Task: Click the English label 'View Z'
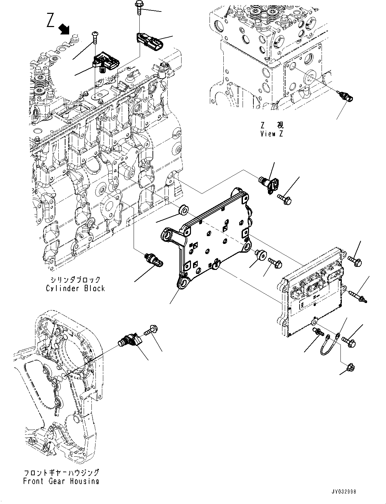272,133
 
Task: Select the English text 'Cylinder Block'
75,288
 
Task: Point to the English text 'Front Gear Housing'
61,481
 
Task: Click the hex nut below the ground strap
350,366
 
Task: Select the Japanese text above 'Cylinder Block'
76,280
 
